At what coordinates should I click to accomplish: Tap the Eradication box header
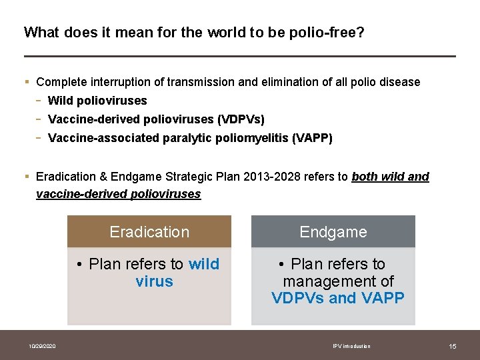click(149, 232)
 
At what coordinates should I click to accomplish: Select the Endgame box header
click(333, 232)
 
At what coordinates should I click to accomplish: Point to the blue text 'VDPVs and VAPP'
click(338, 298)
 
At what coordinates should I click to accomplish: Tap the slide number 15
click(453, 346)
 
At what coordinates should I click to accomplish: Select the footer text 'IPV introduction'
click(351, 346)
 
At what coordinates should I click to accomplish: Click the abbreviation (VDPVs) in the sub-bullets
click(241, 119)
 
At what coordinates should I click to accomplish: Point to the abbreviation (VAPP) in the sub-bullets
click(309, 138)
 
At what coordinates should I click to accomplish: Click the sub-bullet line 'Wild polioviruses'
click(97, 101)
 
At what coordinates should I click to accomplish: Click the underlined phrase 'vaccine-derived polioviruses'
click(118, 194)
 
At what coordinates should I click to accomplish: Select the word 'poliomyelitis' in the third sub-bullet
click(247, 138)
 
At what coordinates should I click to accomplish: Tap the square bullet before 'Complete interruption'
click(27, 82)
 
